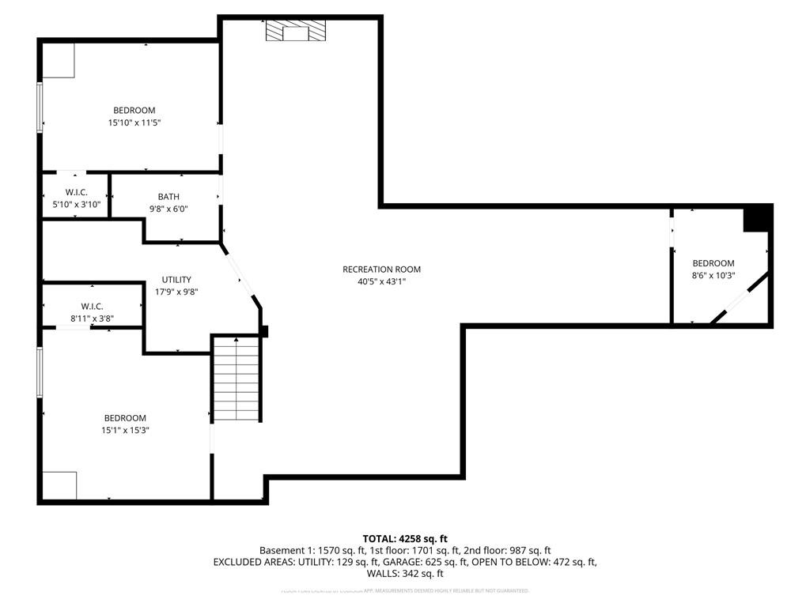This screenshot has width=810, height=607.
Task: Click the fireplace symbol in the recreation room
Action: (x=294, y=31)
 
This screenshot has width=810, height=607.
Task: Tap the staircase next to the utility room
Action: (x=237, y=379)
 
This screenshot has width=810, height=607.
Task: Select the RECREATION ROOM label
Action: (x=381, y=270)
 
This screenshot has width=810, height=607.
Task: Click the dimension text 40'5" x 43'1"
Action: (x=381, y=281)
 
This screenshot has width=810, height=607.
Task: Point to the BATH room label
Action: (x=168, y=197)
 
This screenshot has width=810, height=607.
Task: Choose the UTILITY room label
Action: (x=176, y=280)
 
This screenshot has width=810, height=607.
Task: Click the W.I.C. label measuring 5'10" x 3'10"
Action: (x=75, y=193)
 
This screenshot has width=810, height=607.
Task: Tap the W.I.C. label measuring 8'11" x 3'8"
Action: (x=92, y=307)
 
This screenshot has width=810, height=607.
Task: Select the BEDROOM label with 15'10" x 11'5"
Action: (x=134, y=111)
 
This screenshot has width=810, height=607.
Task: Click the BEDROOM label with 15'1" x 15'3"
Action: (x=125, y=418)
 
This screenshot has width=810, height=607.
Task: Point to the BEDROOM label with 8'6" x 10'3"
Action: (x=713, y=263)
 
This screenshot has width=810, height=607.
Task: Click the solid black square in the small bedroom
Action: (x=757, y=218)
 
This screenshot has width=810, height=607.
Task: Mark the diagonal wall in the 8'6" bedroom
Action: (x=740, y=298)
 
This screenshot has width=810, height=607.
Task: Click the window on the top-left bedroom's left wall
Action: (x=40, y=107)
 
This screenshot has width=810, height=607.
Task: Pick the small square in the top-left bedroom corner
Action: (x=59, y=60)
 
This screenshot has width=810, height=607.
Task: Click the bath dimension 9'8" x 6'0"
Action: (x=168, y=209)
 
